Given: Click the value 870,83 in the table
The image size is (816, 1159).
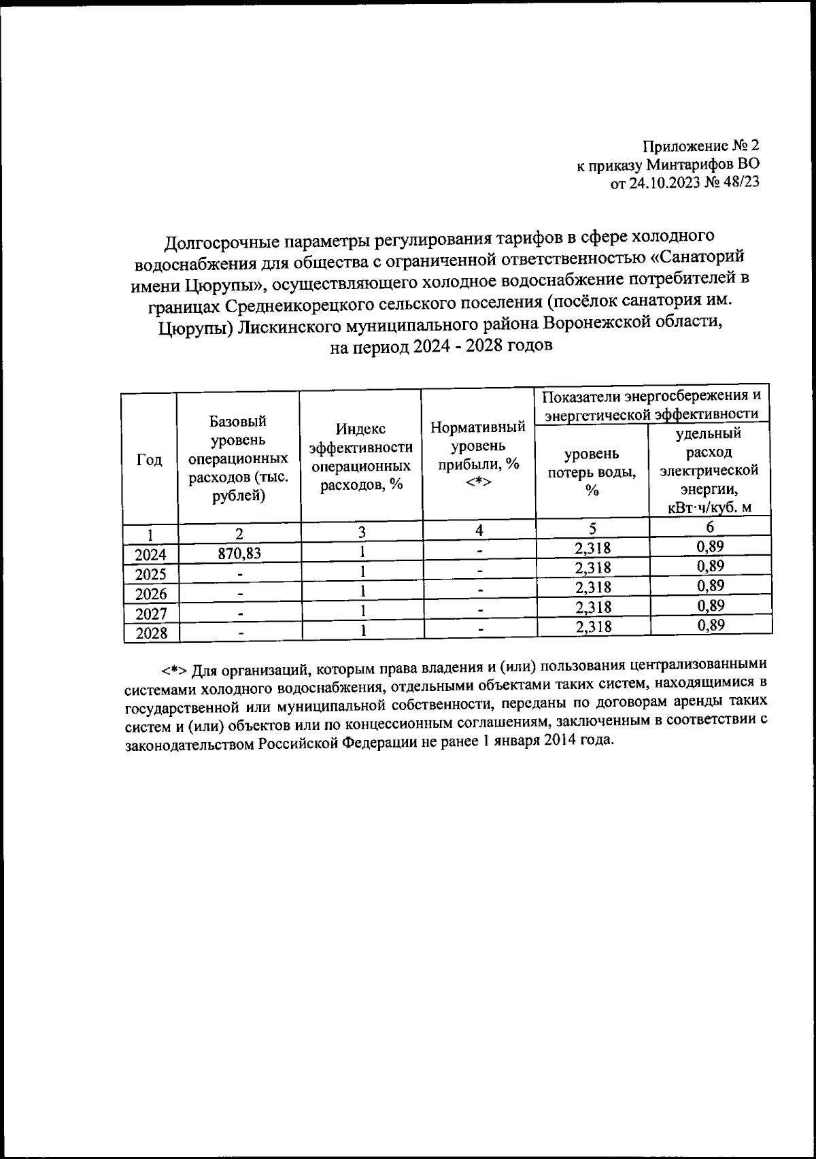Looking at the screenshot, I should click(x=239, y=554).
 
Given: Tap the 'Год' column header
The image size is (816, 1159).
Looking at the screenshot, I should click(x=150, y=460).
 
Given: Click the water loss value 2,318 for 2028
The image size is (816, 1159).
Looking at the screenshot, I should click(x=593, y=627).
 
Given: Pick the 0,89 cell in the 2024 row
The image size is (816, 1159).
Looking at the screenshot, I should click(x=711, y=546).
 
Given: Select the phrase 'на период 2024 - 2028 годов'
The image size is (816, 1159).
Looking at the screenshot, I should click(x=441, y=346).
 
